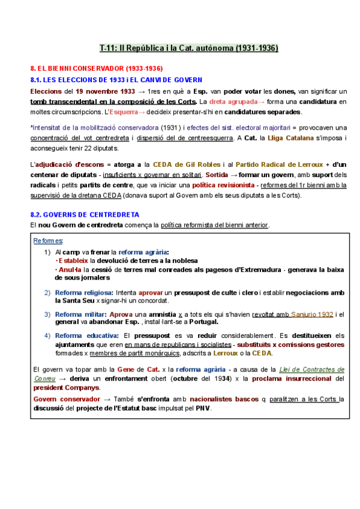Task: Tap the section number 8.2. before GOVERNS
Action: tap(38, 214)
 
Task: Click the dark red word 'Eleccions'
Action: tap(45, 92)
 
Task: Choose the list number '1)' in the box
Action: tap(47, 252)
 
